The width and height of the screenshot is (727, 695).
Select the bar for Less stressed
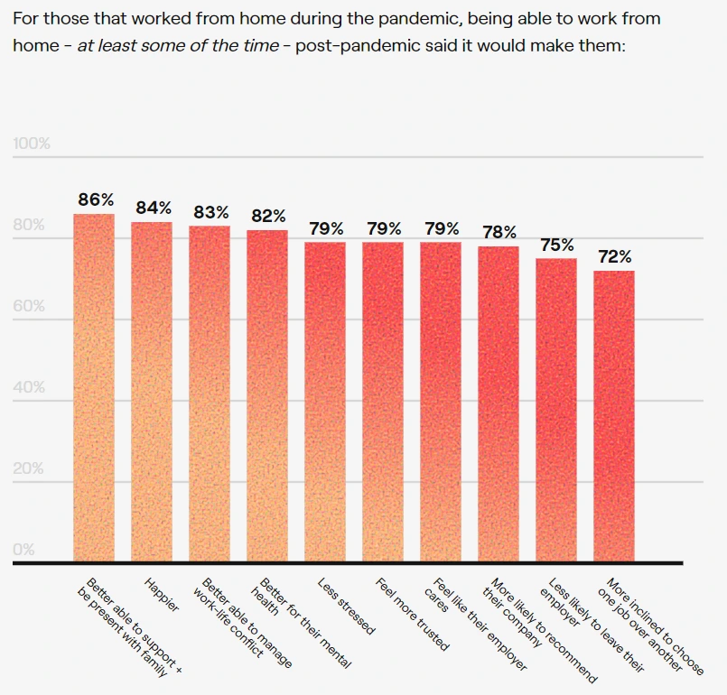[x=325, y=402]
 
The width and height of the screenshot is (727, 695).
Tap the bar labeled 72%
[x=614, y=416]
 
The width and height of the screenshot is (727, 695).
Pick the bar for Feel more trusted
[x=383, y=402]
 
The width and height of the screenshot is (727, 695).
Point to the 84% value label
[x=153, y=208]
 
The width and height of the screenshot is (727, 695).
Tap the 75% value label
[x=556, y=245]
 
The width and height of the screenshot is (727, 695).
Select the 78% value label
[x=499, y=232]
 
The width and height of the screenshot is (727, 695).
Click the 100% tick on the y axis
[x=32, y=144]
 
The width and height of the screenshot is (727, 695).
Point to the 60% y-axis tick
[x=28, y=306]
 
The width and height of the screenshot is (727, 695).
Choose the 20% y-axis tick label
[x=28, y=468]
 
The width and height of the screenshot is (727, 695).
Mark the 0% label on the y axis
[x=24, y=549]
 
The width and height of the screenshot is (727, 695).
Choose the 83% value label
[x=210, y=212]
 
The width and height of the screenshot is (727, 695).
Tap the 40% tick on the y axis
[x=28, y=387]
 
